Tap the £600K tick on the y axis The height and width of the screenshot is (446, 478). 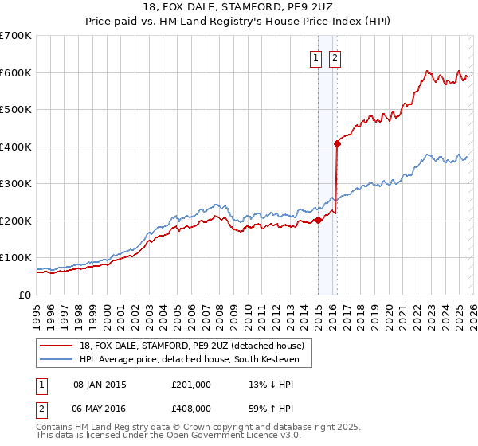(x=16, y=72)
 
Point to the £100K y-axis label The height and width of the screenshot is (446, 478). (x=16, y=258)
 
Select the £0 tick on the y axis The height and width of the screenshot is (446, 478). (x=24, y=295)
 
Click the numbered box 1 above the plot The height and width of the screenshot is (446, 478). (x=315, y=57)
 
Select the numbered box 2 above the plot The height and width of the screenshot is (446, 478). (x=335, y=57)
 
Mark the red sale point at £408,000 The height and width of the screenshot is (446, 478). (x=337, y=143)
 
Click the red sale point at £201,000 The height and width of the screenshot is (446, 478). (x=318, y=221)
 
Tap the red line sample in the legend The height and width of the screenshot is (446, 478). (x=57, y=346)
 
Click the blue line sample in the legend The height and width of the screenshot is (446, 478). (x=57, y=360)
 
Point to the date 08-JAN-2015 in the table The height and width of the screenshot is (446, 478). (x=100, y=385)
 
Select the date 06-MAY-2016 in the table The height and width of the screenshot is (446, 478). (x=100, y=407)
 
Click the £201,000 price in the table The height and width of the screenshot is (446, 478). (x=190, y=385)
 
